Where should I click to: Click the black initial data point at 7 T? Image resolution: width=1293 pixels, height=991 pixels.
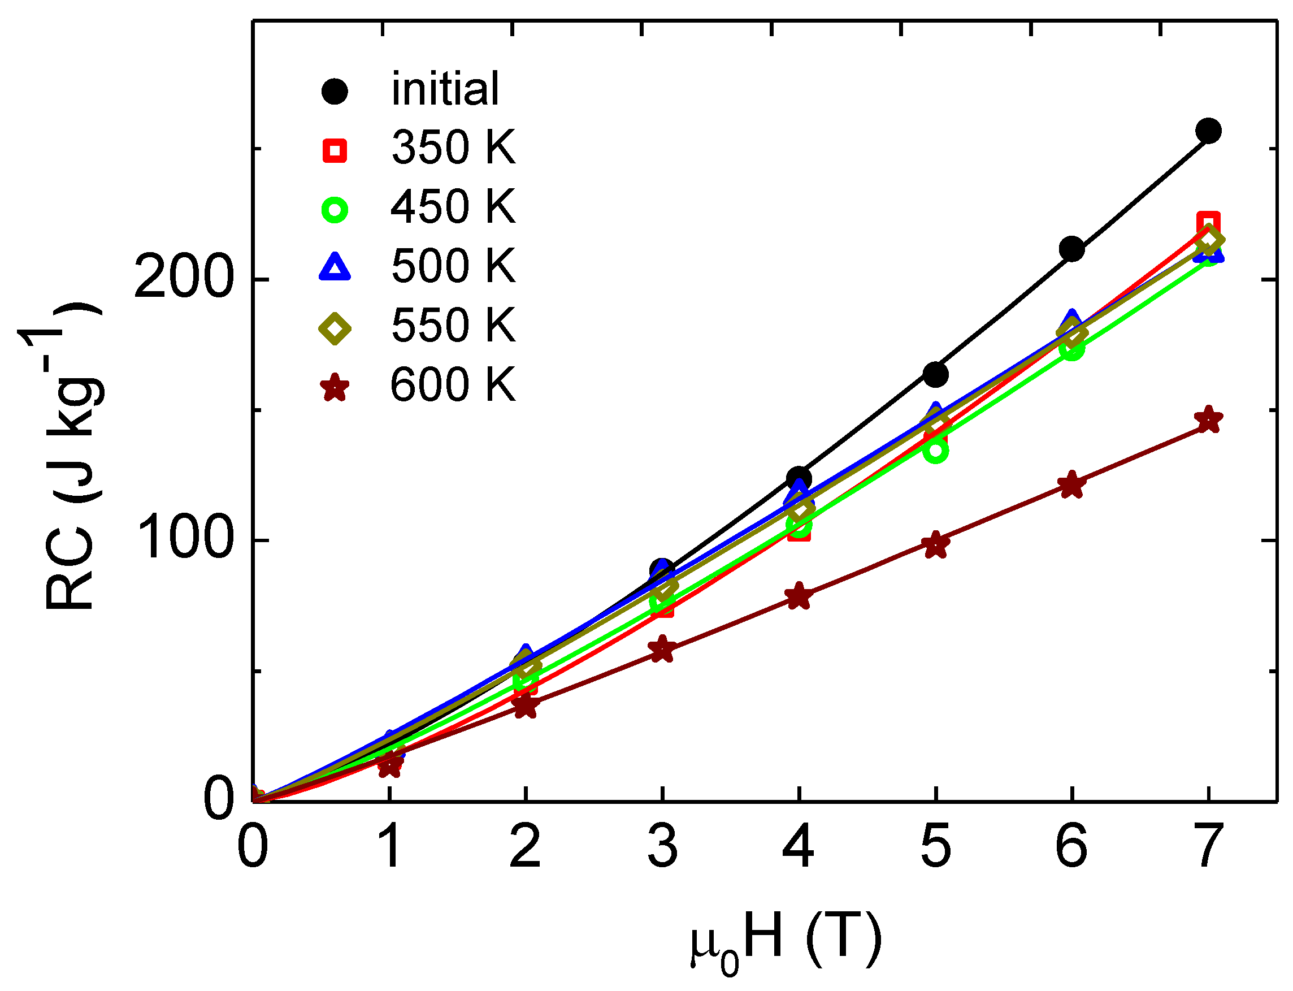[x=1208, y=131]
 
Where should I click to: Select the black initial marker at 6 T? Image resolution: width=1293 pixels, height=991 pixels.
[x=1071, y=249]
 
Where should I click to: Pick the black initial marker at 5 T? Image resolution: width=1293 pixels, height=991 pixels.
[x=935, y=374]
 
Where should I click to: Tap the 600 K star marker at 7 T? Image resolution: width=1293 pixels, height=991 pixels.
[x=1208, y=420]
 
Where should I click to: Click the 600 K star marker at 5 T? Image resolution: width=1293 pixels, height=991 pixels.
[x=936, y=544]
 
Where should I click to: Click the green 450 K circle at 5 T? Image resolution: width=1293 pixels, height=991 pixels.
[x=936, y=451]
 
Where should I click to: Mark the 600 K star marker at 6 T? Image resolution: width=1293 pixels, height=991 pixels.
[x=1071, y=485]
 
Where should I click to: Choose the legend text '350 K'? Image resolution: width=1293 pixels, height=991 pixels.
[x=453, y=148]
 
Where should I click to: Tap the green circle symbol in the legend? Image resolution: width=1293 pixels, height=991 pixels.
[x=335, y=210]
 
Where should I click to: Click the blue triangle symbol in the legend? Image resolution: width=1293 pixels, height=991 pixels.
[x=335, y=267]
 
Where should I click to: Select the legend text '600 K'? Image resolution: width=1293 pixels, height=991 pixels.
[x=453, y=385]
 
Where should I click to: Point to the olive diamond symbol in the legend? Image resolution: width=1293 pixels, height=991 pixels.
[x=335, y=328]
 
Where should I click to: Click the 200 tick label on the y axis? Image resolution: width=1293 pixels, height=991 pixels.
[x=181, y=279]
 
